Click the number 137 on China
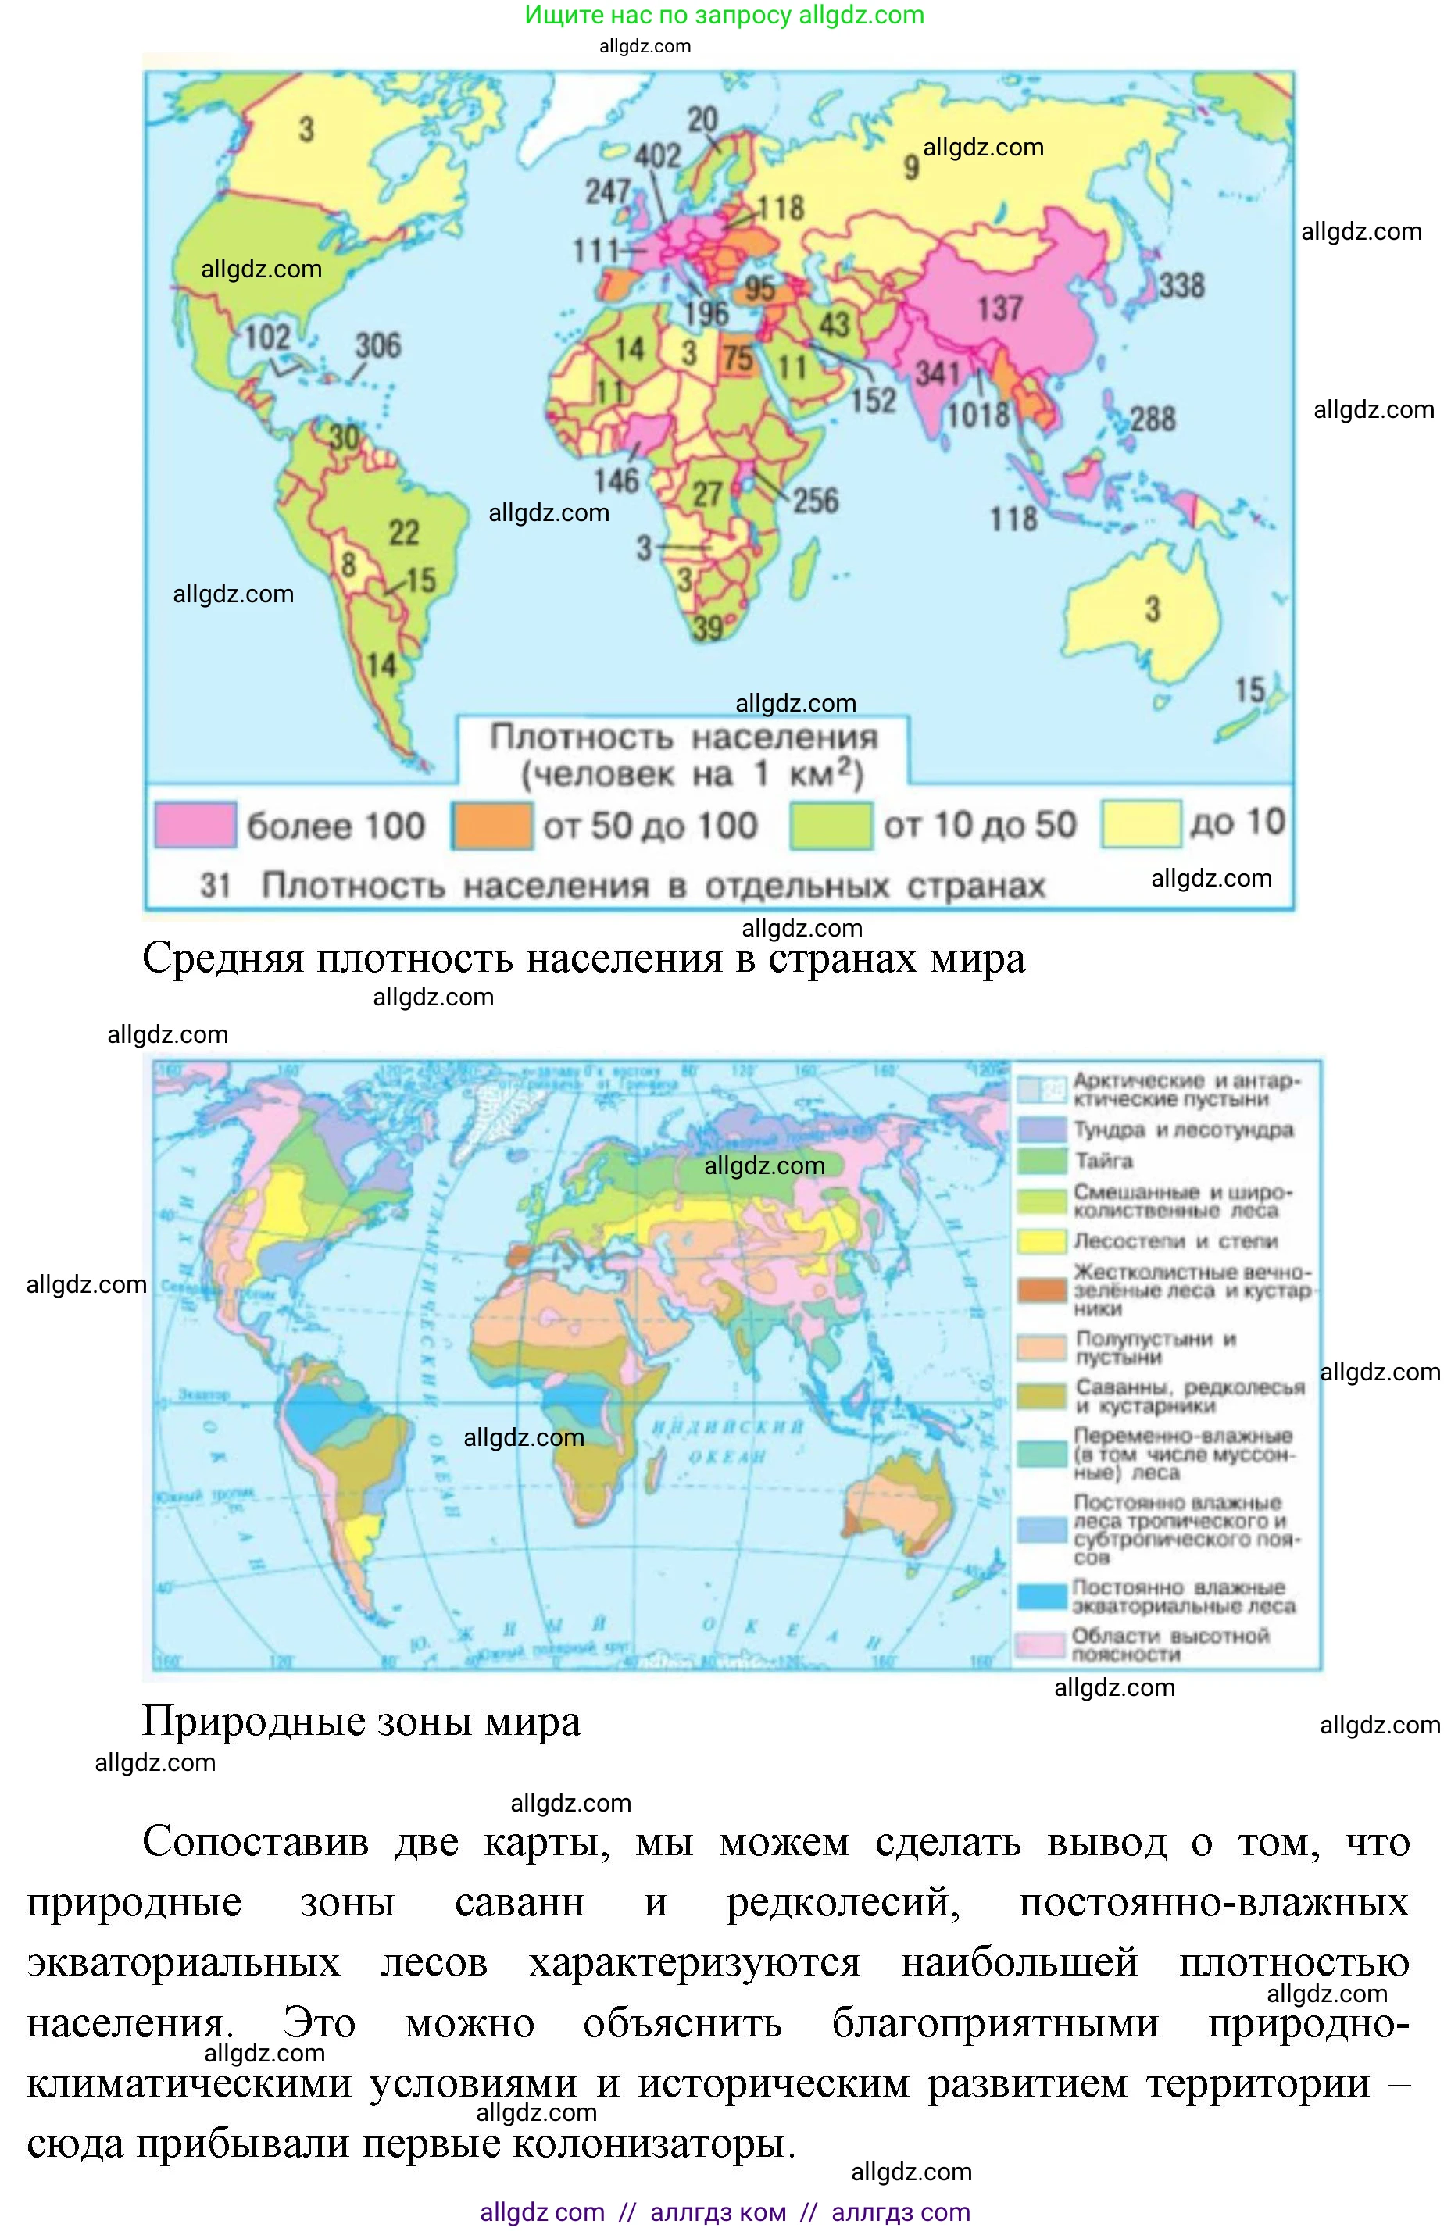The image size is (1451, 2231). click(x=999, y=308)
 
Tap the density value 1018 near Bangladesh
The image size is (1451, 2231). click(x=978, y=413)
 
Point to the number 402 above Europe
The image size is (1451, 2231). click(x=657, y=155)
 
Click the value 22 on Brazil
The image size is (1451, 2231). click(x=404, y=533)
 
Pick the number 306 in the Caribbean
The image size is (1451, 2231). click(x=377, y=345)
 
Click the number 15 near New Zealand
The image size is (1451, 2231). click(x=1249, y=690)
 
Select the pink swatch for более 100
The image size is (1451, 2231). click(x=195, y=825)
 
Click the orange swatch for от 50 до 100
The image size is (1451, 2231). click(x=492, y=825)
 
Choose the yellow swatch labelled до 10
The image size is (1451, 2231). click(x=1140, y=824)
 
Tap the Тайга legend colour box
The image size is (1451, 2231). click(x=1042, y=1162)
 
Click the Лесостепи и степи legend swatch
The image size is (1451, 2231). click(x=1042, y=1241)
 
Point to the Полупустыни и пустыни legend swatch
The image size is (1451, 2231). click(x=1042, y=1347)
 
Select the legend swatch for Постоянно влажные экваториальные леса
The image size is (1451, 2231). click(x=1042, y=1594)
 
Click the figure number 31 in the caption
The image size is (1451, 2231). click(x=216, y=885)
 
